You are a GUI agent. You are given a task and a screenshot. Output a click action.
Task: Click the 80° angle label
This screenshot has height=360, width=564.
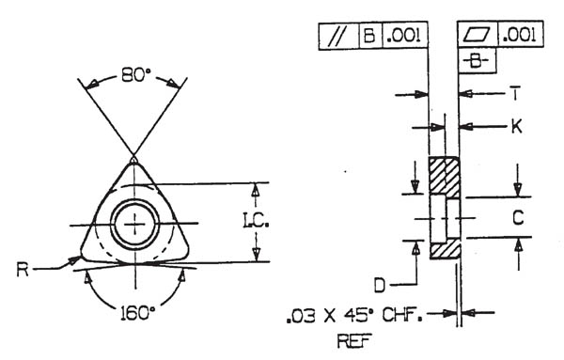(x=136, y=75)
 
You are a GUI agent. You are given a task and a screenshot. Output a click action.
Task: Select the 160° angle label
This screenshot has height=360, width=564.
(x=136, y=313)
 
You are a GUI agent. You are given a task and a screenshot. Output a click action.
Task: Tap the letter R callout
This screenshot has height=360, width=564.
(x=23, y=270)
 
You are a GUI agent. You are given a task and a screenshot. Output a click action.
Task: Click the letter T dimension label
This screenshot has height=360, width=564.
(x=516, y=94)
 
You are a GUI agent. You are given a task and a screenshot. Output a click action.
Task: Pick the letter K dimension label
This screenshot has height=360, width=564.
(x=516, y=127)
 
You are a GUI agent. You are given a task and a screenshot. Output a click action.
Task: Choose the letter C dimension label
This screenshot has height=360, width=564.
(x=518, y=217)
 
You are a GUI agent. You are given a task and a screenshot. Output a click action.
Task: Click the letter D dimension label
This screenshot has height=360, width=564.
(x=380, y=286)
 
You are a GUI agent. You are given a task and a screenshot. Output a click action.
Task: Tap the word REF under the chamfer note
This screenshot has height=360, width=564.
(x=354, y=341)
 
